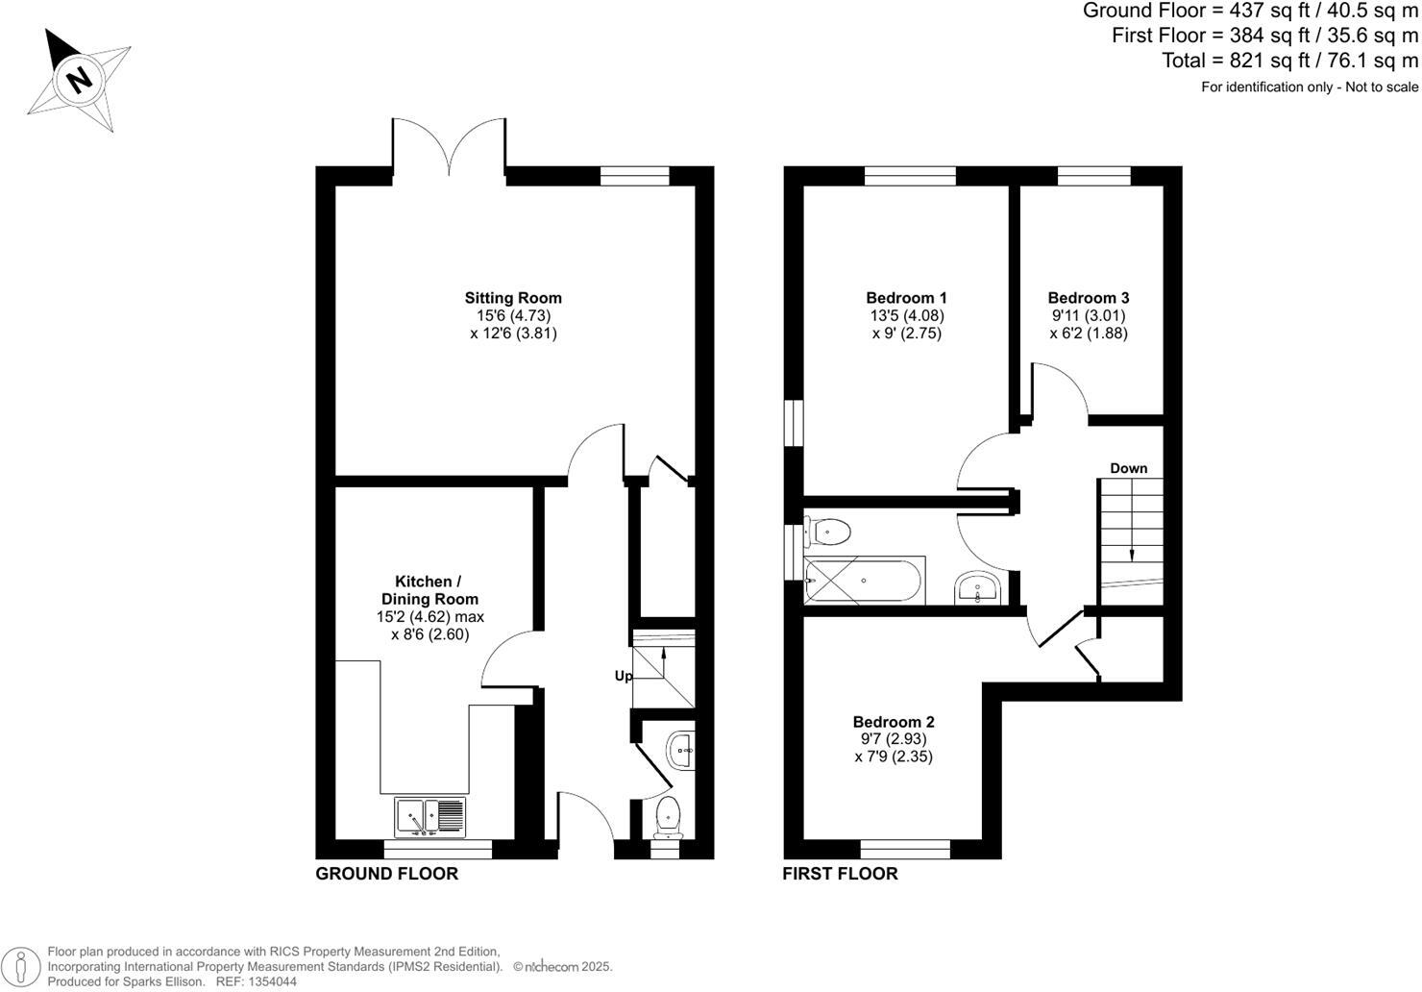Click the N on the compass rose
[81, 78]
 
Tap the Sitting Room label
[513, 298]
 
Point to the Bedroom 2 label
[894, 722]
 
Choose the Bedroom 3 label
[1089, 298]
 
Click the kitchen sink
[429, 817]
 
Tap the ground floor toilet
[666, 816]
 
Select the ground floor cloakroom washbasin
[681, 748]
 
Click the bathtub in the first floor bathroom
[864, 581]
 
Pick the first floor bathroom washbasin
[978, 588]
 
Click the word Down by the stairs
[1129, 468]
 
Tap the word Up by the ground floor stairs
[624, 676]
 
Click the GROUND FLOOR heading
[387, 874]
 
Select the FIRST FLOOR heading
[840, 874]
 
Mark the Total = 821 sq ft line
[1289, 61]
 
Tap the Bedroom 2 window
[905, 849]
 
